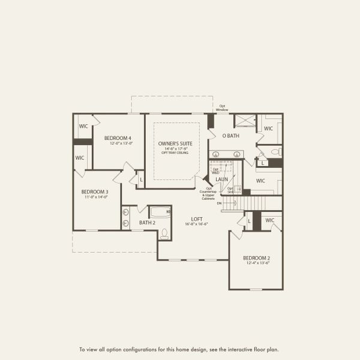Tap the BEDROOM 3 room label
coord(95,192)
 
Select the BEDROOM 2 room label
coord(256,257)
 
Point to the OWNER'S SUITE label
coord(175,144)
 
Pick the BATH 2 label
coord(148,223)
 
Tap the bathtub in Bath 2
coord(160,212)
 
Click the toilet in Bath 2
coord(164,233)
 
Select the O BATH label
coord(231,136)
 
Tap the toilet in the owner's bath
coord(274,151)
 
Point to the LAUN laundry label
coord(221,179)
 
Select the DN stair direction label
coord(220,203)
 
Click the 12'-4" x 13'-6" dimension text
coord(256,263)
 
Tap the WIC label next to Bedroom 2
coord(269,220)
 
